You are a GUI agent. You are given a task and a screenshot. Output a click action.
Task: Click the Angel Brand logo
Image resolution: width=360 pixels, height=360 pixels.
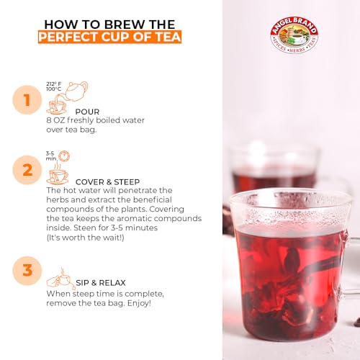[293, 33]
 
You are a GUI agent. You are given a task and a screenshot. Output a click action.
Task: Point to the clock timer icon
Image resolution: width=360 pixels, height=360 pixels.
[64, 156]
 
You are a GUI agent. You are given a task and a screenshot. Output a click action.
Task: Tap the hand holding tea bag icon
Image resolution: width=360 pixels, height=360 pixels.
[60, 279]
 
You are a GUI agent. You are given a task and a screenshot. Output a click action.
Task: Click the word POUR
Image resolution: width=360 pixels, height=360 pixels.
[87, 112]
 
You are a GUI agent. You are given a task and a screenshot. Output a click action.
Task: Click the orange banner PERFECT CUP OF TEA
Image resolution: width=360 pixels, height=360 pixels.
[109, 36]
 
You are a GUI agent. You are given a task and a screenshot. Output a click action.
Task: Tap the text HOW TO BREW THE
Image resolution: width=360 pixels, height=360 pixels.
[109, 20]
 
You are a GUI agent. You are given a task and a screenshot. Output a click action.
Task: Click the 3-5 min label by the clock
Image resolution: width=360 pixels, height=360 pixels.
[51, 156]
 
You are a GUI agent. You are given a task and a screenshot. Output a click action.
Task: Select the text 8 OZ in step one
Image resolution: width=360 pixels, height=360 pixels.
[56, 120]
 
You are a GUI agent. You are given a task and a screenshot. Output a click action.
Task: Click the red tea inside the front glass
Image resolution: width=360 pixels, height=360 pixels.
[288, 274]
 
